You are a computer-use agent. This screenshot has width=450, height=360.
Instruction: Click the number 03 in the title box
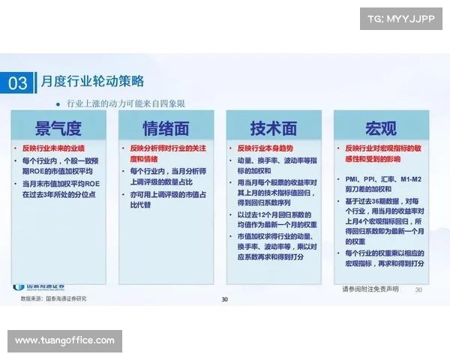click(18, 82)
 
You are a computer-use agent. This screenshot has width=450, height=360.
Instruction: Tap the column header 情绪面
click(166, 126)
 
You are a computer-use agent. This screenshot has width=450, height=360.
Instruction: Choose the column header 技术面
click(274, 126)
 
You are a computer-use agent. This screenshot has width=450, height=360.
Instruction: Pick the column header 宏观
click(381, 126)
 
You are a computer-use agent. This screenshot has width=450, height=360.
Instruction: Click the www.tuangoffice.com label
click(65, 341)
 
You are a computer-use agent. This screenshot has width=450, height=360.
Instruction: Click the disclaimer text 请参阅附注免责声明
click(370, 289)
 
